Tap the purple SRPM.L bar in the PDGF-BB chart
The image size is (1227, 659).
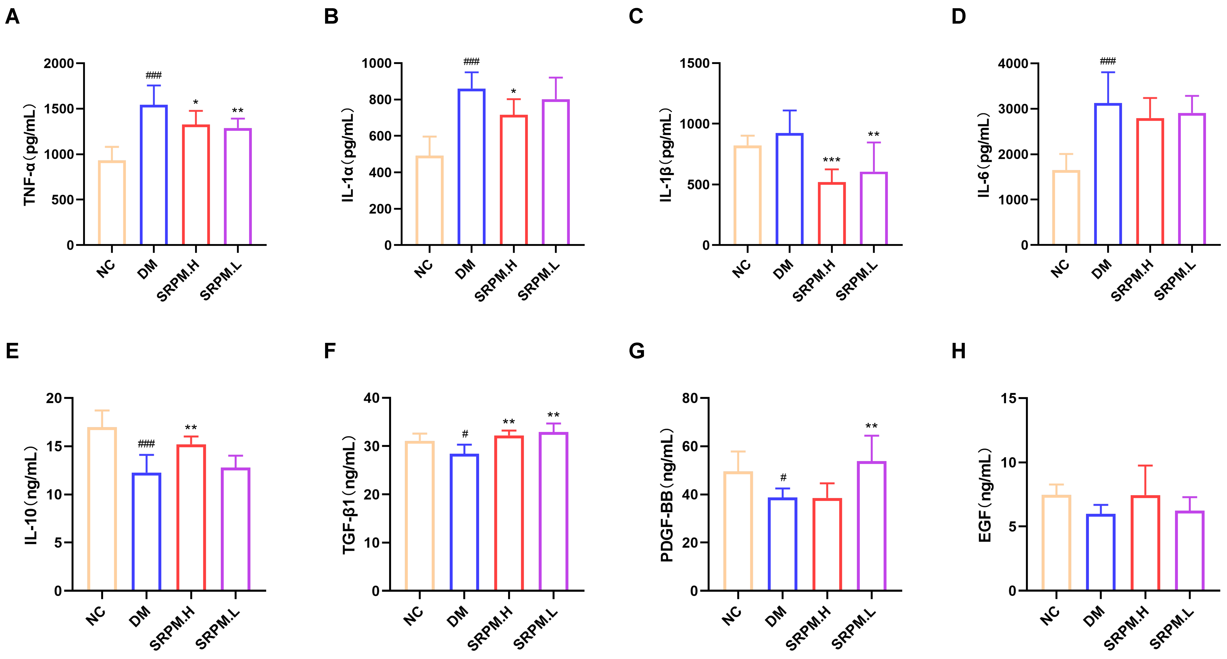(872, 526)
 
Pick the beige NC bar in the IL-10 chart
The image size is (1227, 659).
(102, 509)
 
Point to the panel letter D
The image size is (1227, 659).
(958, 17)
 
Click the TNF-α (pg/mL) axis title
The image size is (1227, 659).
(30, 155)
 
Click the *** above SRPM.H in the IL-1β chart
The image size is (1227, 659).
(832, 160)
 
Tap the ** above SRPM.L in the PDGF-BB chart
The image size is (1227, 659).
(872, 426)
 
